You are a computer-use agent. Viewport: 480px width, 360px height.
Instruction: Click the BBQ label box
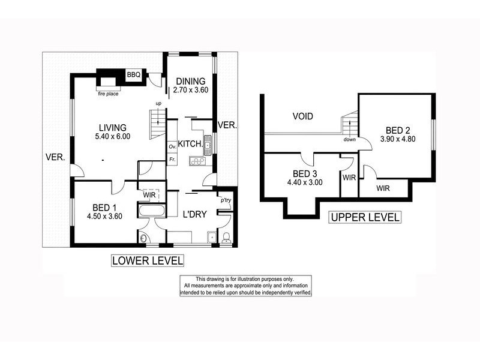[x=133, y=75]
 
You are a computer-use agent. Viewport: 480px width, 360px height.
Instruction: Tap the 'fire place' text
[x=109, y=94]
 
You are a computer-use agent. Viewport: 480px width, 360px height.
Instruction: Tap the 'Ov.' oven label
[x=172, y=146]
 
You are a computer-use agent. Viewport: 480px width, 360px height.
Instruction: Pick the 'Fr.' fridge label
[x=172, y=160]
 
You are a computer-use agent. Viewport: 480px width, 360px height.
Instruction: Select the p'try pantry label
[x=226, y=201]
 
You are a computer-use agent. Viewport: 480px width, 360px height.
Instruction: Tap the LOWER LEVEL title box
[x=147, y=260]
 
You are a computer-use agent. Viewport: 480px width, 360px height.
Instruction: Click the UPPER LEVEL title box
[x=364, y=217]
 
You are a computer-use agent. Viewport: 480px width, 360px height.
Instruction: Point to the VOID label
[x=303, y=116]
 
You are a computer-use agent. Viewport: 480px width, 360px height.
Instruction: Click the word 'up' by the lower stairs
[x=158, y=104]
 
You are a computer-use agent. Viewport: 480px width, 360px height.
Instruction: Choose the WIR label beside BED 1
[x=149, y=194]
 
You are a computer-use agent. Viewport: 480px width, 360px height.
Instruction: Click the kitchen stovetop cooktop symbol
[x=197, y=161]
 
